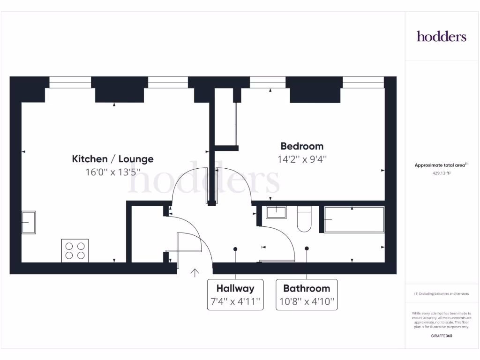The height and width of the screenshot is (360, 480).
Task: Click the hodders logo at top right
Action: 442,37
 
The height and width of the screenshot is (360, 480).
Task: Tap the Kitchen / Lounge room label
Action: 112,159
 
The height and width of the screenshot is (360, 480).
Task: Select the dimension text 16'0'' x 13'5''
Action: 112,172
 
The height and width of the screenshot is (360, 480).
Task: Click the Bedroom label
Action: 302,146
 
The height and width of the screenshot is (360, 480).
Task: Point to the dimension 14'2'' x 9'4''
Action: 302,159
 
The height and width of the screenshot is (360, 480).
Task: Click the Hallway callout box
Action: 235,295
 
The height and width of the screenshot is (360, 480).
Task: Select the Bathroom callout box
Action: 307,295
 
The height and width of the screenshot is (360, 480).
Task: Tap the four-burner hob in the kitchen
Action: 75,250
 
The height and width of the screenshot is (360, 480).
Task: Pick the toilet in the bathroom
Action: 304,219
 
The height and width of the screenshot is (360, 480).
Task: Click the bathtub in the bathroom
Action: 354,220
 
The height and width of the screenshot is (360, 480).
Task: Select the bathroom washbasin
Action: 277,212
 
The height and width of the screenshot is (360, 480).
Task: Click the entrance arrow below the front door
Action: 195,272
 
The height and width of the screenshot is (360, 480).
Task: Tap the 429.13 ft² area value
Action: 442,173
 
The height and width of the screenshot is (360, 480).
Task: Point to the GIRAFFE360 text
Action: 442,336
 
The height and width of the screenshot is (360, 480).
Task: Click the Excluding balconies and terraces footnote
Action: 442,293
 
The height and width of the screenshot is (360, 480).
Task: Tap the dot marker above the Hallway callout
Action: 235,249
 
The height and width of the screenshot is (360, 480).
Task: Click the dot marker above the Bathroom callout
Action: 307,248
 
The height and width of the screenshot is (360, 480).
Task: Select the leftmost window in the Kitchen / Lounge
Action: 70,82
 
